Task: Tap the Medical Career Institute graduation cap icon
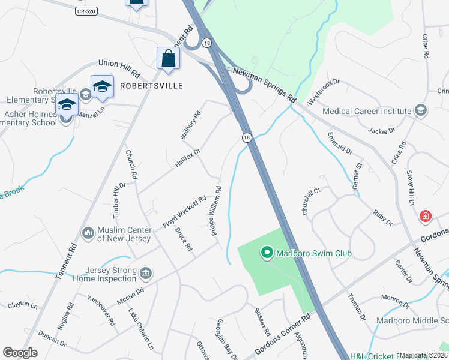click(x=421, y=111)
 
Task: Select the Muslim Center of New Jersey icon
click(x=88, y=232)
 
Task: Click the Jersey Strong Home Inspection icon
click(x=145, y=274)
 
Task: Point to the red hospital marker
click(x=426, y=215)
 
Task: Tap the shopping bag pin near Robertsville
click(x=168, y=59)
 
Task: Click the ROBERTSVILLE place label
click(x=151, y=86)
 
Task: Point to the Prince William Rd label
click(x=215, y=210)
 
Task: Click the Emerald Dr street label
click(x=340, y=142)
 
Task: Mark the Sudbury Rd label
click(x=190, y=125)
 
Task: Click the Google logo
click(x=20, y=353)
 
